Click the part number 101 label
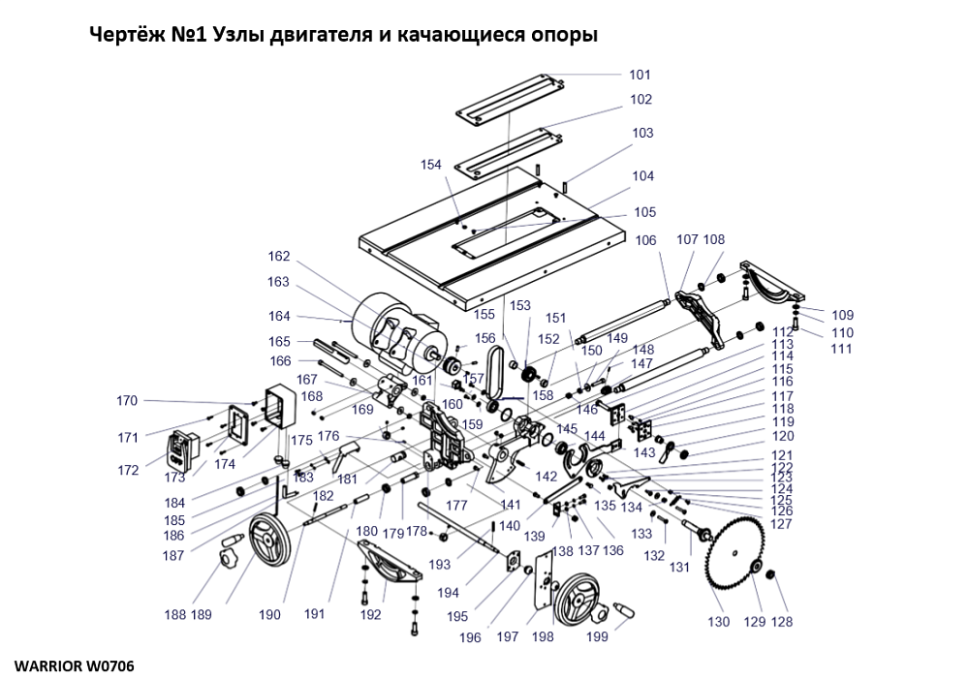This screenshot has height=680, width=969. click(x=640, y=75)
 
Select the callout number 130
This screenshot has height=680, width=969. click(x=718, y=622)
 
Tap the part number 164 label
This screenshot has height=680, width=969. click(x=280, y=316)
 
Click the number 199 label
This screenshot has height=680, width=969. click(x=597, y=636)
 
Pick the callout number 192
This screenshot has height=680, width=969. click(x=371, y=614)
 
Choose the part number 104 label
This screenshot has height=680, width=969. click(x=643, y=176)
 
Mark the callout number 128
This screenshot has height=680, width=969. click(x=782, y=622)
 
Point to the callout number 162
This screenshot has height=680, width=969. click(x=279, y=257)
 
